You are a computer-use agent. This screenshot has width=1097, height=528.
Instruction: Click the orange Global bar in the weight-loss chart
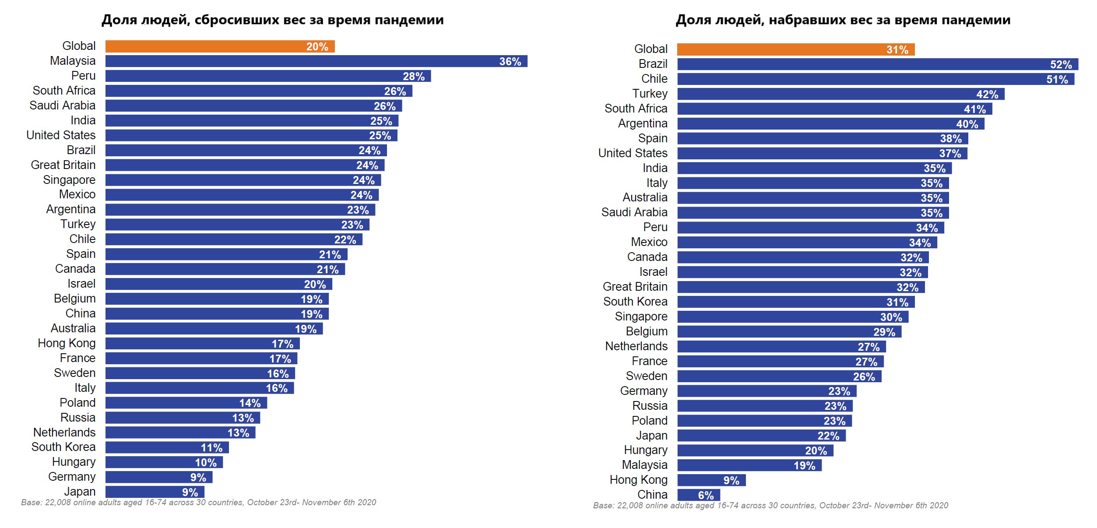pos(220,46)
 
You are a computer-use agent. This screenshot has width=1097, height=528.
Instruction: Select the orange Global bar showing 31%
pos(795,49)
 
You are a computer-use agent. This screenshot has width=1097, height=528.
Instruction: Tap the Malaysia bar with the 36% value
pos(316,61)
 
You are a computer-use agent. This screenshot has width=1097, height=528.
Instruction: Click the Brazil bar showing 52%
pos(877,64)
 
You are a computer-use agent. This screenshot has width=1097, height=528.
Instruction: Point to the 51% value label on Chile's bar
pos(1057,80)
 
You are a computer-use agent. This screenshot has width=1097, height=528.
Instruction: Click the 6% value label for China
pos(706,495)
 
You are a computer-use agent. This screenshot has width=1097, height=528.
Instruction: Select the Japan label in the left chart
pos(80,492)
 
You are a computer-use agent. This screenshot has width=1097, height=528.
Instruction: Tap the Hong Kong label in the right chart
pos(638,480)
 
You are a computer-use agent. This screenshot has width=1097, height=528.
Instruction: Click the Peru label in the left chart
pos(83,76)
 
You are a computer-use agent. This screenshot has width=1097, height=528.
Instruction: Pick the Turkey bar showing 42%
pos(840,94)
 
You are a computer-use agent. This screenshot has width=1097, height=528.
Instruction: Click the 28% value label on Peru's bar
pos(414,77)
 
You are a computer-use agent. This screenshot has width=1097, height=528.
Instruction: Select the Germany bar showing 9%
pos(158,477)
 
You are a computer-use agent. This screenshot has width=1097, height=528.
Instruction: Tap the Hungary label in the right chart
pos(646,450)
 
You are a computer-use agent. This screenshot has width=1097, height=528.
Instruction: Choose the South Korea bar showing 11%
pos(167,447)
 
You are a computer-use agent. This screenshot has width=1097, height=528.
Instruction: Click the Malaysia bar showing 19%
pos(749,465)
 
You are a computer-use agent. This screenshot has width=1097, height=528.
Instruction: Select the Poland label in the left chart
pos(77,403)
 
